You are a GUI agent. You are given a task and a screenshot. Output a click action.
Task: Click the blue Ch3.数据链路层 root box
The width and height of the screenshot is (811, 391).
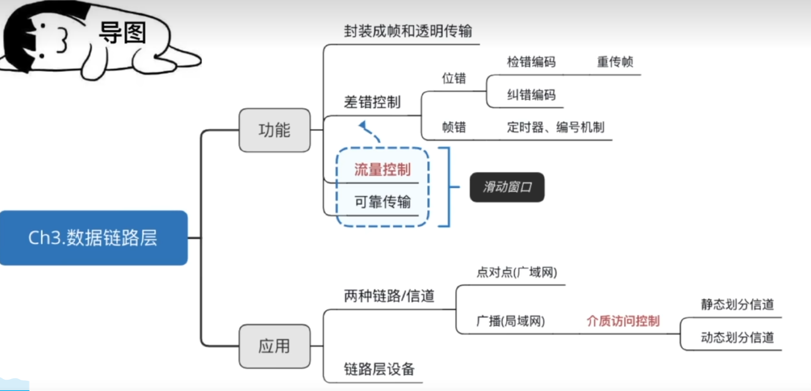[x=93, y=238]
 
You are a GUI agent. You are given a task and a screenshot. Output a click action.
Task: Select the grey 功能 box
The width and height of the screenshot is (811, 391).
[x=274, y=130]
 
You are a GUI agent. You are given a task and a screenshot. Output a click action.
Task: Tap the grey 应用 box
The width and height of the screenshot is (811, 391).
[x=274, y=346]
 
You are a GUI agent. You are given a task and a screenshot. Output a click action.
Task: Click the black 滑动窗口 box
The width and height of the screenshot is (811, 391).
[x=507, y=187]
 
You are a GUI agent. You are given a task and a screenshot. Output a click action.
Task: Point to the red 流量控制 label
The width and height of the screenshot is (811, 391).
[x=382, y=170]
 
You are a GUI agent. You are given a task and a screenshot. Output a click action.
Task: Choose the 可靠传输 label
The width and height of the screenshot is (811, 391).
[x=382, y=202]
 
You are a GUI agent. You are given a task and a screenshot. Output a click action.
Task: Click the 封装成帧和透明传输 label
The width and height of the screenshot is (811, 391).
[x=408, y=31]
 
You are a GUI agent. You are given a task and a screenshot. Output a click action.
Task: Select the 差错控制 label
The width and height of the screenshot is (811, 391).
[x=372, y=102]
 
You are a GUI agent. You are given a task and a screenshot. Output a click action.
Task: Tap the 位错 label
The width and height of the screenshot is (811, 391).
[x=454, y=78]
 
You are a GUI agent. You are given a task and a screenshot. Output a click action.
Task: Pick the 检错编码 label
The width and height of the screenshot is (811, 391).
[x=531, y=62]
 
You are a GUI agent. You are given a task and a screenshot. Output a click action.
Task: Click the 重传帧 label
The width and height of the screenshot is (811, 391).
[x=615, y=62]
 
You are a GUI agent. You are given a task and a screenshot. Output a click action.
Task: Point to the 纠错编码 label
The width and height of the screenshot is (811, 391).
[x=531, y=95]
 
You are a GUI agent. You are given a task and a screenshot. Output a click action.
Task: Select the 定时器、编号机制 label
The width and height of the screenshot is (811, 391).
[x=555, y=127]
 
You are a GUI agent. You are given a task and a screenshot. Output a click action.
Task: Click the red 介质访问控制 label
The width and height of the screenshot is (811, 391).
[x=623, y=321]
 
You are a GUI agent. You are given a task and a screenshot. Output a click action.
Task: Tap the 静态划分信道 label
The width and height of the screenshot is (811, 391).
[x=737, y=304]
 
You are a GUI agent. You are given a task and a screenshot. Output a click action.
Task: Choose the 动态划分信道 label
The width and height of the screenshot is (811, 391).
[x=737, y=338]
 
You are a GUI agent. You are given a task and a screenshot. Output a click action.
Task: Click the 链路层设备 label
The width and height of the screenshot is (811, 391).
[x=379, y=369]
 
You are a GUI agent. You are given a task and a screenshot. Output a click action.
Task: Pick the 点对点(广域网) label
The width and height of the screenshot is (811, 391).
[x=516, y=272]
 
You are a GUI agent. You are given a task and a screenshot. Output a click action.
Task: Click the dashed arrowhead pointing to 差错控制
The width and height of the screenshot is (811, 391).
[x=363, y=125]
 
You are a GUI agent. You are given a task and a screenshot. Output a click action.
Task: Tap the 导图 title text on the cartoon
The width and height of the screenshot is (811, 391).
[x=122, y=33]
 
